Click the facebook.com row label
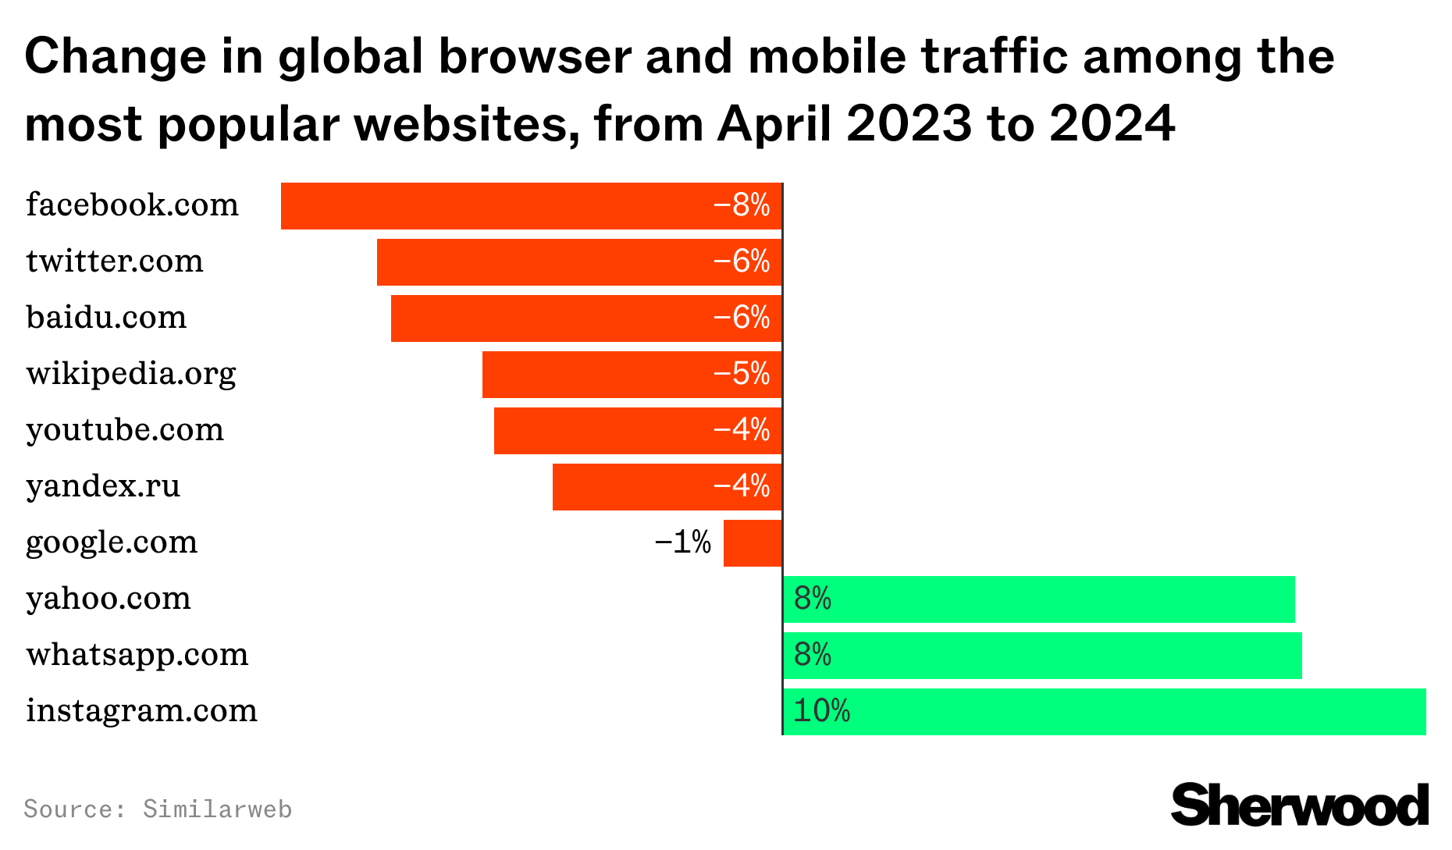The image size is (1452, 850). [132, 205]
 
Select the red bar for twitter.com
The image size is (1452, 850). [546, 262]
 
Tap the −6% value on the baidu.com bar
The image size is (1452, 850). [741, 318]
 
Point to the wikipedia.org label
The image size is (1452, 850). [131, 374]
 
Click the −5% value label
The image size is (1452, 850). [741, 374]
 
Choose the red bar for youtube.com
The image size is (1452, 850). [601, 431]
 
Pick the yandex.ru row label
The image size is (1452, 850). [103, 486]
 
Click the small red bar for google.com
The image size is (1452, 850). [753, 543]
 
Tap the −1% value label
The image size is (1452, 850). [682, 542]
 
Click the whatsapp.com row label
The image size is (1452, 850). [137, 655]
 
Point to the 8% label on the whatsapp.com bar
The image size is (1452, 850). [812, 655]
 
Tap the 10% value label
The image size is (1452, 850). [821, 711]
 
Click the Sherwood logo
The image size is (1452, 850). [1299, 805]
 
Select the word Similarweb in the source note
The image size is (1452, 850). [217, 809]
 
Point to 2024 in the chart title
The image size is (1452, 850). [1112, 123]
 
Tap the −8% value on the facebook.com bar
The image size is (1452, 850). [741, 205]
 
